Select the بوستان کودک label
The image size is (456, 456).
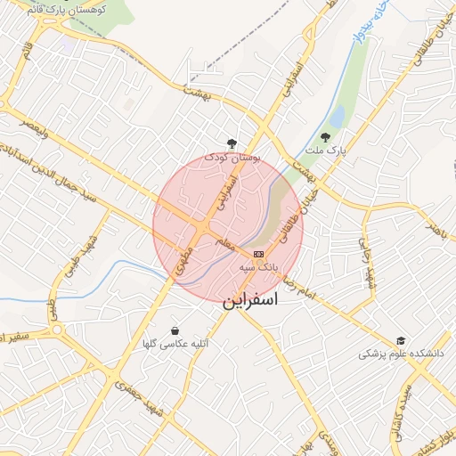pyautogui.click(x=233, y=157)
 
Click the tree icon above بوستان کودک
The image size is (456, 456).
pyautogui.click(x=232, y=142)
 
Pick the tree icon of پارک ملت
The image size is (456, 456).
pyautogui.click(x=325, y=138)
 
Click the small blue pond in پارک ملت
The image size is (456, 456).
pyautogui.click(x=337, y=117)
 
